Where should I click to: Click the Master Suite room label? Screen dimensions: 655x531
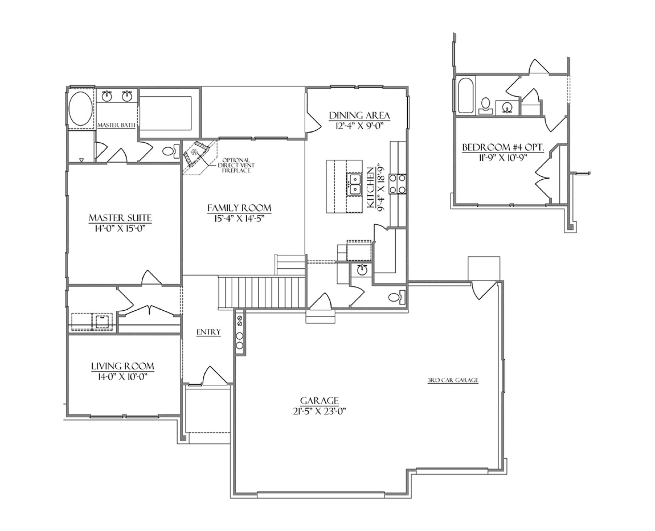pyautogui.click(x=120, y=218)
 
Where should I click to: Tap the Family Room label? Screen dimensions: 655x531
pyautogui.click(x=239, y=208)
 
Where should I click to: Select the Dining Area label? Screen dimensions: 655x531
pyautogui.click(x=359, y=115)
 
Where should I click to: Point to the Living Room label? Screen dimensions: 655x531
pyautogui.click(x=123, y=366)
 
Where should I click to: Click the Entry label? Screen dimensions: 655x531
pyautogui.click(x=209, y=332)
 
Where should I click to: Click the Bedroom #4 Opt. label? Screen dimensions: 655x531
pyautogui.click(x=503, y=148)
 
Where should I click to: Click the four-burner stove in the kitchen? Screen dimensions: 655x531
pyautogui.click(x=398, y=184)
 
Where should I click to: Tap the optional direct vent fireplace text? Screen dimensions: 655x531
pyautogui.click(x=236, y=165)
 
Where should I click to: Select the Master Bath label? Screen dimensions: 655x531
pyautogui.click(x=116, y=126)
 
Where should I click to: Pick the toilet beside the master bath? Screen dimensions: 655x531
pyautogui.click(x=171, y=151)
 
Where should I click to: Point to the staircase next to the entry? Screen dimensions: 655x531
pyautogui.click(x=262, y=292)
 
